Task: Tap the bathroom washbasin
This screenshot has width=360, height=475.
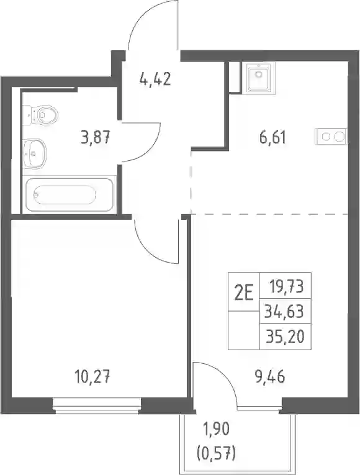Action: (35, 153)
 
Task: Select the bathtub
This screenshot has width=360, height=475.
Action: (70, 194)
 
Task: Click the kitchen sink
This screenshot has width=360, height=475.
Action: (258, 77)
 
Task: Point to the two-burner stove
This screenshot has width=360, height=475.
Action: (331, 137)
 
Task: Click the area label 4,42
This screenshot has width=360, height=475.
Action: (155, 79)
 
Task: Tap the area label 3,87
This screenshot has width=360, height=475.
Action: (95, 137)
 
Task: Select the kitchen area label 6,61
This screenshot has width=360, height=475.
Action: (272, 137)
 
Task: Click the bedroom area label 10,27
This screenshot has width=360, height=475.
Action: (92, 377)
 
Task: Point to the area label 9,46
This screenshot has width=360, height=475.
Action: (270, 377)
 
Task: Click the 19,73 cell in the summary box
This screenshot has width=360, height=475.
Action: (286, 286)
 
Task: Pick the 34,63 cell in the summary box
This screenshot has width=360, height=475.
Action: (284, 311)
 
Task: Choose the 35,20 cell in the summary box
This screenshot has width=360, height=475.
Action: (285, 337)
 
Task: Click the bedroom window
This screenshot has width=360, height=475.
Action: (97, 406)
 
